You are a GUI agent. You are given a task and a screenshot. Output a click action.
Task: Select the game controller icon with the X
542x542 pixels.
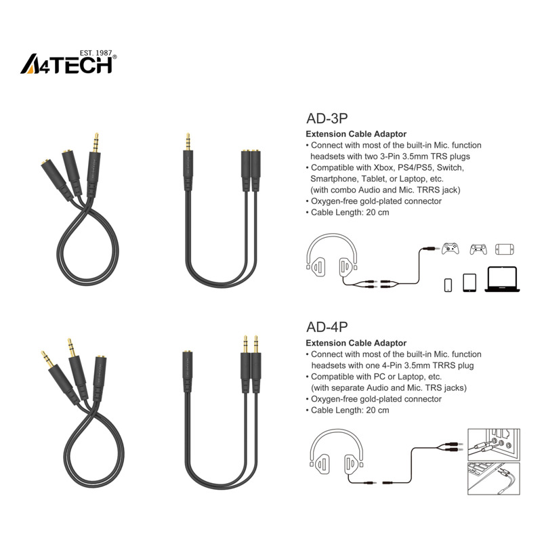(451, 249)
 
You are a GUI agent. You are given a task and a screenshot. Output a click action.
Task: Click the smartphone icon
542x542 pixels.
(449, 285)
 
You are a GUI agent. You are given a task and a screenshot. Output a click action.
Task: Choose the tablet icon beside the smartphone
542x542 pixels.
(470, 283)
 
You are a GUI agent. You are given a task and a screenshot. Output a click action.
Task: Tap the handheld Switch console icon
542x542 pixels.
(505, 249)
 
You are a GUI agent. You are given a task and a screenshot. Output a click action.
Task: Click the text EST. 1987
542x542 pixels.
(95, 51)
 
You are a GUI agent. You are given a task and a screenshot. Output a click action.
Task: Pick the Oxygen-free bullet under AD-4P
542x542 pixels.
(376, 399)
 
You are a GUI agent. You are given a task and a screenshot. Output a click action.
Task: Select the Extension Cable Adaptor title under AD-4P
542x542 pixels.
(356, 343)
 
